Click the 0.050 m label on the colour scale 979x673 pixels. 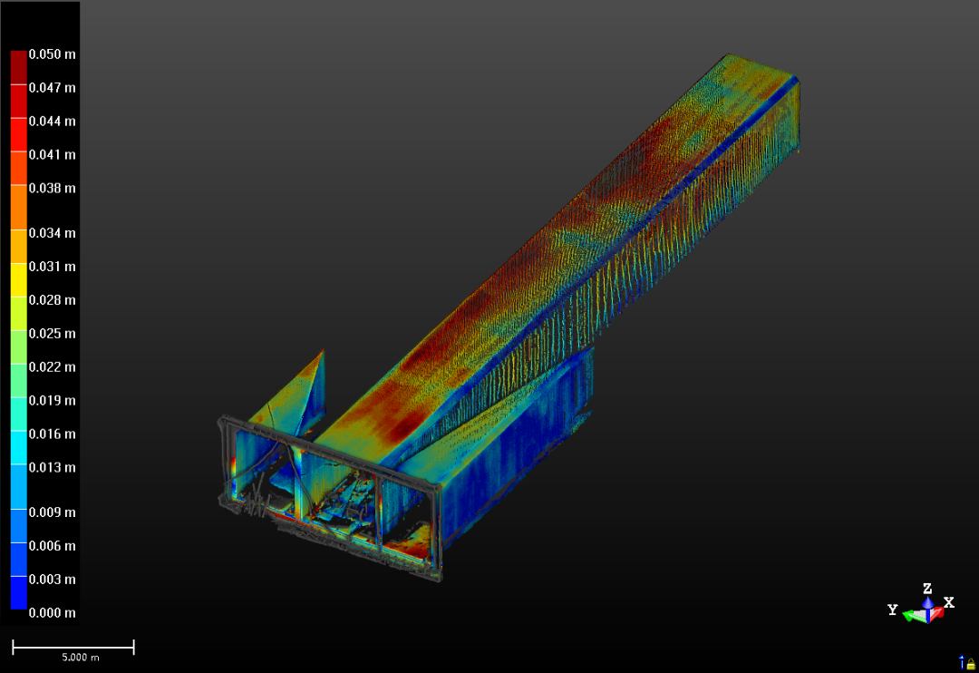pyautogui.click(x=53, y=54)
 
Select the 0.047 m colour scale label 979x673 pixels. pyautogui.click(x=53, y=87)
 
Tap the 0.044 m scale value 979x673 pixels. pyautogui.click(x=53, y=122)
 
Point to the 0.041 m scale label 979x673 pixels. pyautogui.click(x=53, y=154)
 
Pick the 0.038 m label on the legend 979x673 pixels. pyautogui.click(x=53, y=188)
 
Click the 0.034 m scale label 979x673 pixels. pyautogui.click(x=53, y=233)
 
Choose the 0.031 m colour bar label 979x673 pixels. pyautogui.click(x=53, y=266)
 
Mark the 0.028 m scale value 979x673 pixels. pyautogui.click(x=53, y=300)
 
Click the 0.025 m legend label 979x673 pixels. pyautogui.click(x=53, y=334)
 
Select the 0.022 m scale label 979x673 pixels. pyautogui.click(x=53, y=366)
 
